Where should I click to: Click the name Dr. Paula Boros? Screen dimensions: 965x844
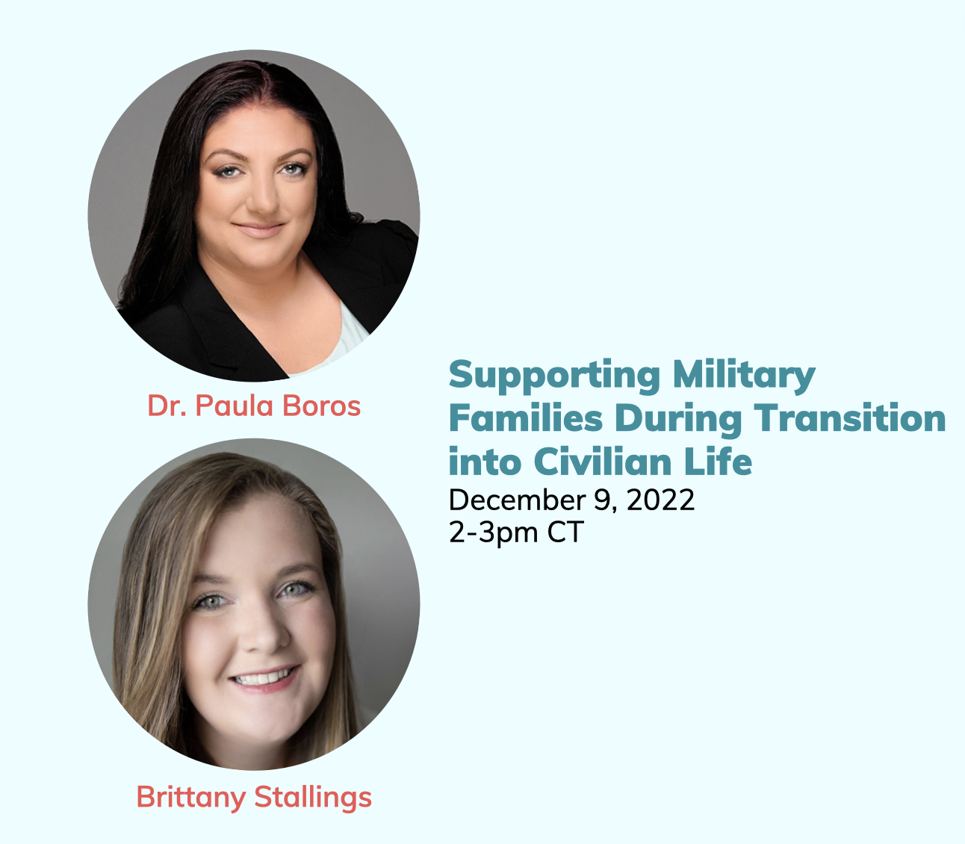tap(254, 406)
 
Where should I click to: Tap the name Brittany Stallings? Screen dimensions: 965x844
tap(254, 798)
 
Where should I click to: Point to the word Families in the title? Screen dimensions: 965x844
tap(526, 418)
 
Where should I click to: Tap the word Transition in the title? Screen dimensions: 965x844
tap(850, 418)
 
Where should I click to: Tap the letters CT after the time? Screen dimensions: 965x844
tap(565, 532)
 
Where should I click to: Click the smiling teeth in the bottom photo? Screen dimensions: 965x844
tap(263, 678)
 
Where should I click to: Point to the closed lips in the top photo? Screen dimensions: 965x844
tap(259, 229)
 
